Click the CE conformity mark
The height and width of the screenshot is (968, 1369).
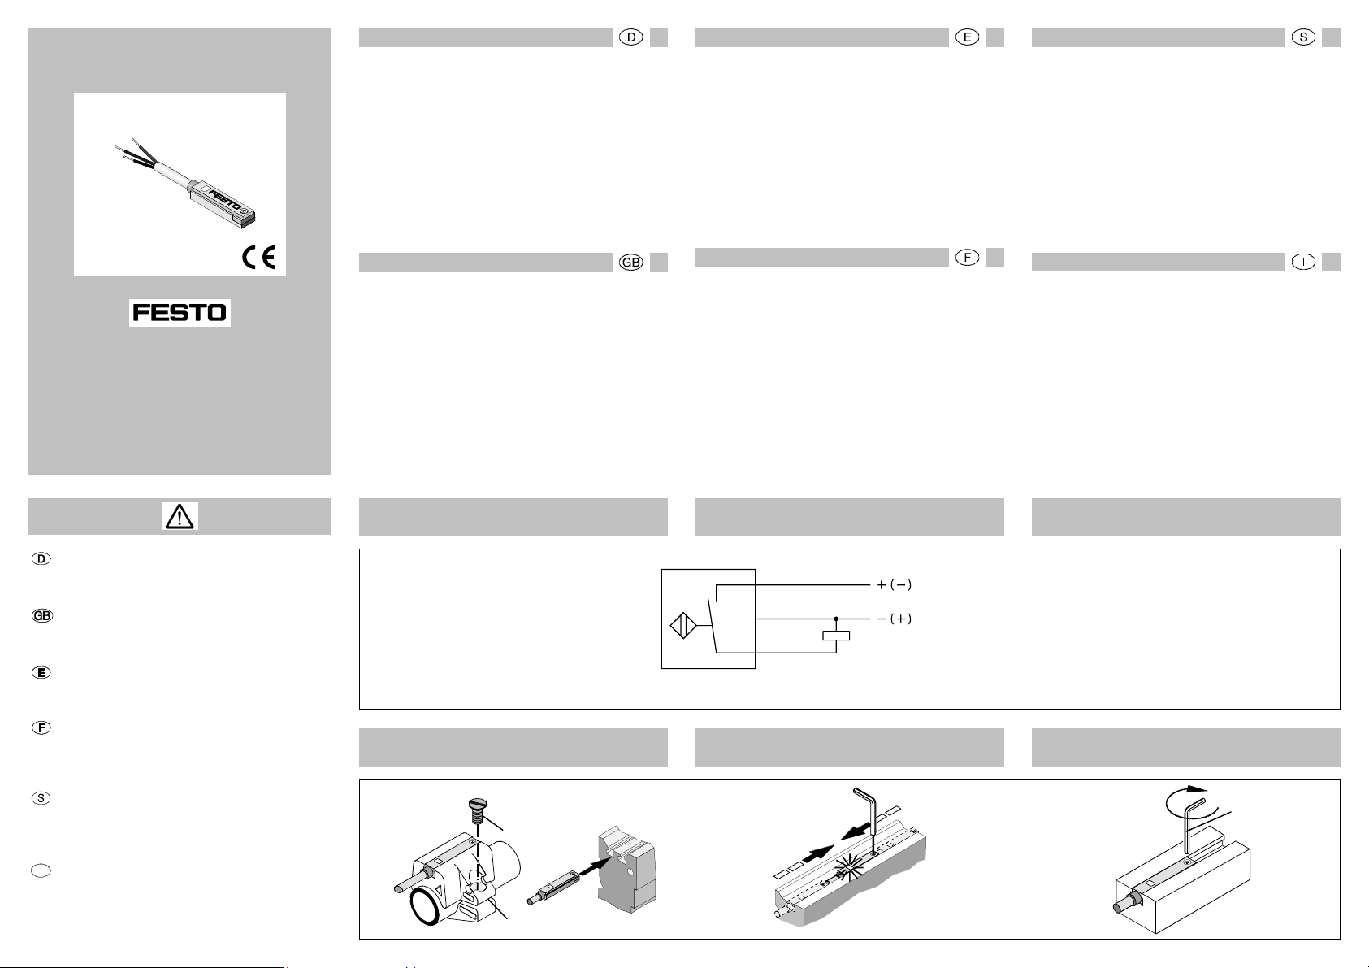[259, 257]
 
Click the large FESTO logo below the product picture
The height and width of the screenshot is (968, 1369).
[180, 312]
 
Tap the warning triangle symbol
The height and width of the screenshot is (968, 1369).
[179, 517]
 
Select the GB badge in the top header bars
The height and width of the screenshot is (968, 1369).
[630, 263]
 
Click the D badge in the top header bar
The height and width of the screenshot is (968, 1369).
[630, 37]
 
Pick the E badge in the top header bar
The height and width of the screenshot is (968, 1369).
[967, 37]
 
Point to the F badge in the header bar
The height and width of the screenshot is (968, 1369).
[967, 258]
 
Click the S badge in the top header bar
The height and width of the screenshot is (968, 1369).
[1303, 37]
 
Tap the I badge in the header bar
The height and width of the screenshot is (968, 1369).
[1303, 262]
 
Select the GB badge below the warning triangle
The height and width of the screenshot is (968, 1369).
[42, 616]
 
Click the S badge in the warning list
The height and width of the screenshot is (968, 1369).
[41, 798]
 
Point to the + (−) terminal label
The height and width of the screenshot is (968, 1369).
[895, 584]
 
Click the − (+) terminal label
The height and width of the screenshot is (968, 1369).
[895, 619]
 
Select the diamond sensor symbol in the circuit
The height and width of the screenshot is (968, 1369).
[683, 626]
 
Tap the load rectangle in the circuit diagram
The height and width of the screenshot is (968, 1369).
[836, 636]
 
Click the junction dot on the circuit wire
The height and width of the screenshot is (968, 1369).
[836, 619]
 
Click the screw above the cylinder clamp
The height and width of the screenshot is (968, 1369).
[477, 810]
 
